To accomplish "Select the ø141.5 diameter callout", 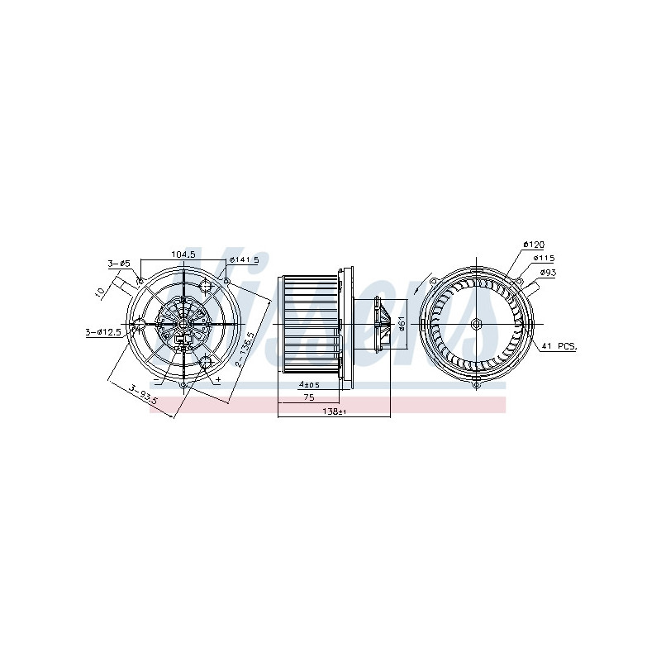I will coord(244,259).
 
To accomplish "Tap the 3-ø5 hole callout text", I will coord(119,264).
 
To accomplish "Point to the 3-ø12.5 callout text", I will coord(103,332).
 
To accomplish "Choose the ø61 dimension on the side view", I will coord(401,323).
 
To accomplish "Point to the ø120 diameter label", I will coord(533,245).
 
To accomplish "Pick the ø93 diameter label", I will coord(549,272).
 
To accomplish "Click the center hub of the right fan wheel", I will coord(477,323).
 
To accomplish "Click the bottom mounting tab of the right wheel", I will coord(477,383).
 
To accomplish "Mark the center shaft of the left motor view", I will coord(183,323).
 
